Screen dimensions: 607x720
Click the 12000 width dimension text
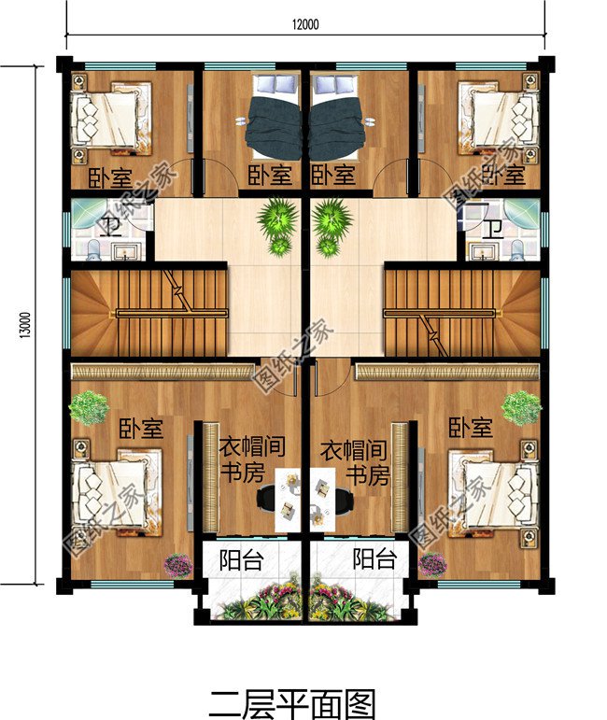(x=305, y=24)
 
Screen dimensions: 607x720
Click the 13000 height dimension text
(x=26, y=325)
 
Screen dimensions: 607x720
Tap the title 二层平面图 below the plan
(x=293, y=703)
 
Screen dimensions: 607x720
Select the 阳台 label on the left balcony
(x=241, y=559)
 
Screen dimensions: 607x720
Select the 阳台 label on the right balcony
(x=374, y=559)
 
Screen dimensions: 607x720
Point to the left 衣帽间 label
(x=252, y=446)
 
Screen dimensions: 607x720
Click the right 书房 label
(x=368, y=474)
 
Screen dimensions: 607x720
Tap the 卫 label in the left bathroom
(x=111, y=226)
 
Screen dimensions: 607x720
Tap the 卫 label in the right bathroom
(x=494, y=229)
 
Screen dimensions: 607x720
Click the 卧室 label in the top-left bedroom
(x=110, y=177)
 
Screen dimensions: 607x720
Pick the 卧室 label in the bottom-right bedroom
(x=470, y=428)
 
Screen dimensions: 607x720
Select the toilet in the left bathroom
(x=94, y=250)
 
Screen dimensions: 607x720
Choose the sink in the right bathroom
(x=482, y=251)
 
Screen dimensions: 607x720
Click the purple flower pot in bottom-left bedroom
(x=178, y=565)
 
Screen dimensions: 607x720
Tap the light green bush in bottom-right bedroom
(x=521, y=408)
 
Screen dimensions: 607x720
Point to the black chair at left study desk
(x=266, y=499)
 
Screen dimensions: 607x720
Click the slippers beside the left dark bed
(x=241, y=121)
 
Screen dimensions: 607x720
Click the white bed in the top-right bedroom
(x=498, y=117)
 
